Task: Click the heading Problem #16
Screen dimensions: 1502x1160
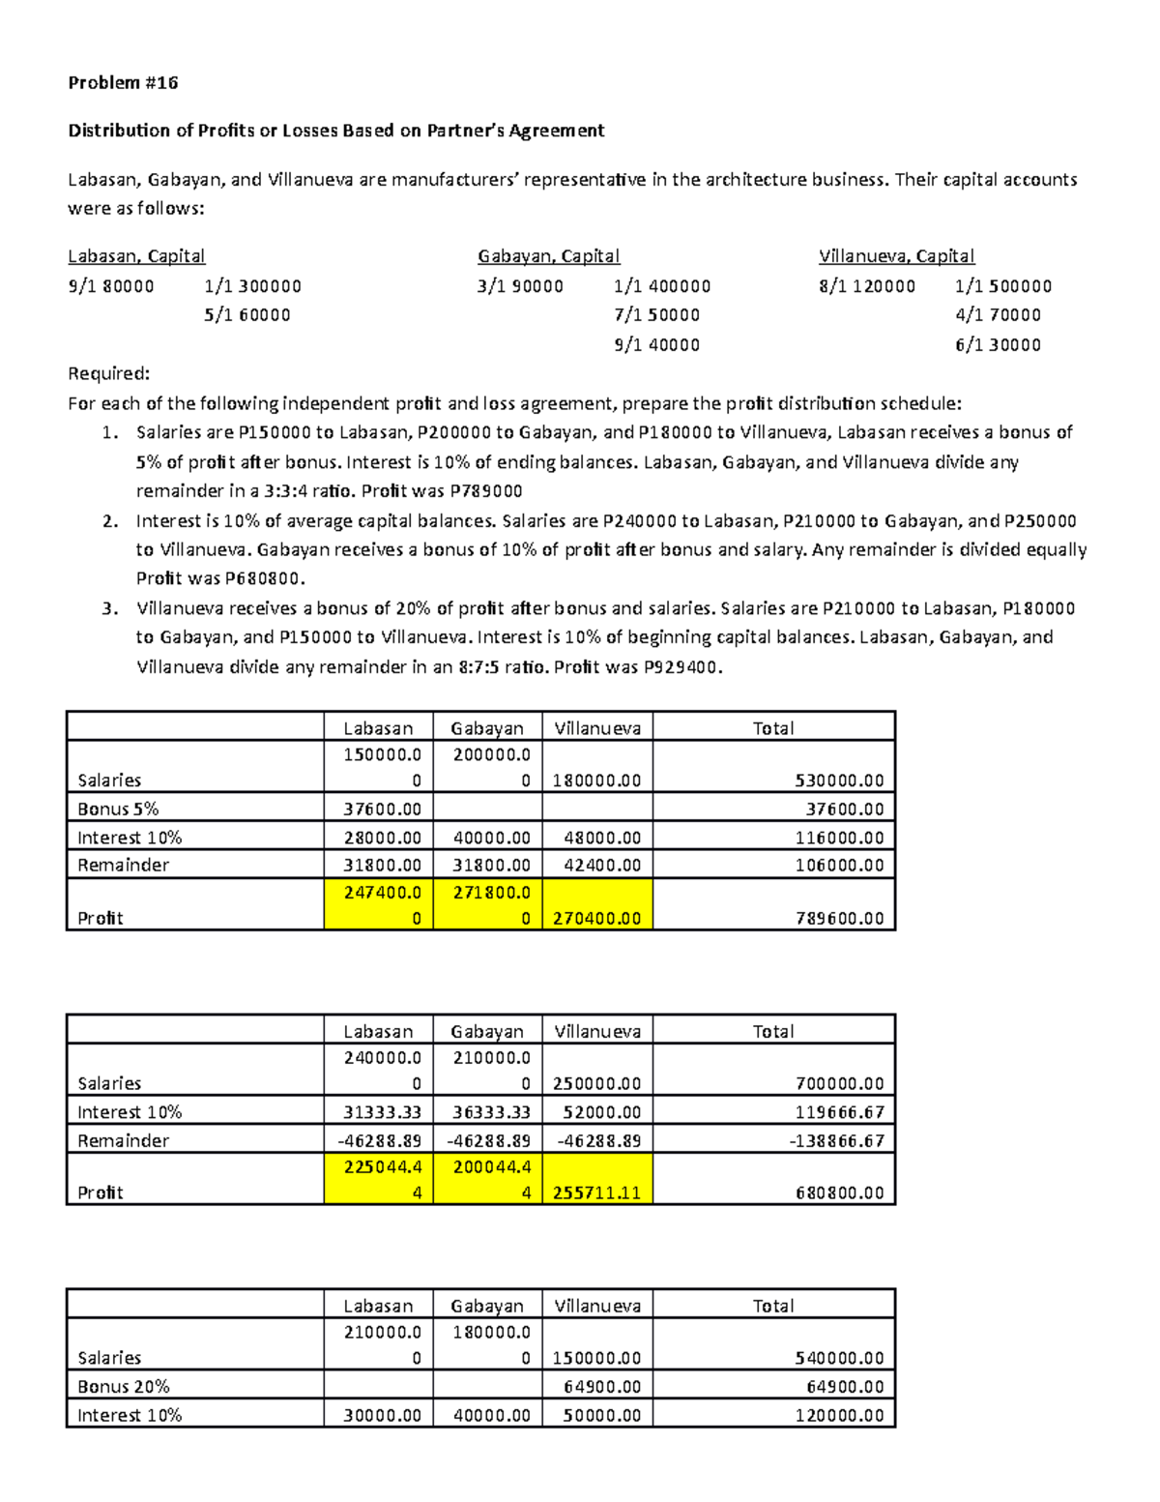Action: pos(123,83)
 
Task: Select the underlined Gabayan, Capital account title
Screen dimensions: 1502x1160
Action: pos(548,256)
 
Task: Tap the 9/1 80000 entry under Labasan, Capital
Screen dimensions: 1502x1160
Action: pos(111,286)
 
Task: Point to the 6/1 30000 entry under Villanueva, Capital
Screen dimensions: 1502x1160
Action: pos(998,345)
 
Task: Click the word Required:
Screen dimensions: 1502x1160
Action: pos(109,374)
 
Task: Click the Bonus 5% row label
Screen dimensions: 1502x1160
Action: pos(118,809)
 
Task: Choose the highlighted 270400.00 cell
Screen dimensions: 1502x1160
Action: pos(596,918)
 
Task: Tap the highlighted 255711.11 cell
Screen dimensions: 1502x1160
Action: pos(596,1193)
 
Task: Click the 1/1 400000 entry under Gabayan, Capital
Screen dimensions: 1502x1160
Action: pos(662,286)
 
